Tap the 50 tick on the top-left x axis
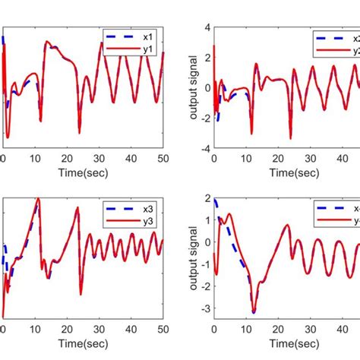(162, 158)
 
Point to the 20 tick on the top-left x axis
(66, 158)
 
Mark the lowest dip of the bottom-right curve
(252, 312)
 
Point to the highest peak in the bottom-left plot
(38, 199)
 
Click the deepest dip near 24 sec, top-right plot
(290, 138)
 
